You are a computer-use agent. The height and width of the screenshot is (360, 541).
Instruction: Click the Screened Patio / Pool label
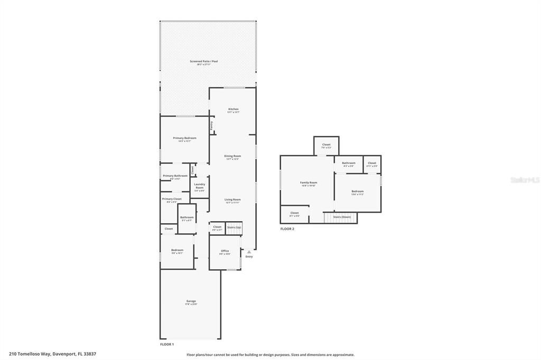click(203, 62)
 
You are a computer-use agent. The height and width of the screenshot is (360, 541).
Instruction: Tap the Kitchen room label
click(233, 109)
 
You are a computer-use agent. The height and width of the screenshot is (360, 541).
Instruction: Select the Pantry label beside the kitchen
click(212, 126)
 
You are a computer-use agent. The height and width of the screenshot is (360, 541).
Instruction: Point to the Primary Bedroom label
click(184, 138)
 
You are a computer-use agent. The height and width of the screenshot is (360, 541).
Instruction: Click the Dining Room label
click(232, 156)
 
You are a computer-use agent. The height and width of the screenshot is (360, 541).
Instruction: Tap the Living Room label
click(232, 200)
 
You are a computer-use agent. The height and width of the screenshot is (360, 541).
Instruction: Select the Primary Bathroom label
click(175, 176)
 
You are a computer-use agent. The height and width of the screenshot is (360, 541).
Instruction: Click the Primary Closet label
click(172, 199)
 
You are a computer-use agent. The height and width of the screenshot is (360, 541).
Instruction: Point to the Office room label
click(225, 251)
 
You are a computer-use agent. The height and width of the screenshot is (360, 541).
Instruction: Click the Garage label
click(191, 301)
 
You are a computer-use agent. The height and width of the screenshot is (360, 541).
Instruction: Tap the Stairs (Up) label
click(234, 227)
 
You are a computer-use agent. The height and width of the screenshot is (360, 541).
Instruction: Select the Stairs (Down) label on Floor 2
click(342, 217)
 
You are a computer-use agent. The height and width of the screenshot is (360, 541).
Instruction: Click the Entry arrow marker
click(249, 252)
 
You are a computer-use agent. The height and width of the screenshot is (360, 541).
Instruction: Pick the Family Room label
click(309, 183)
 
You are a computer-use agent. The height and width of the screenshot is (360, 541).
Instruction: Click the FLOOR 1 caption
click(167, 344)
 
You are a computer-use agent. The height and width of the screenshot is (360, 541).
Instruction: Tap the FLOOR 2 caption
click(287, 229)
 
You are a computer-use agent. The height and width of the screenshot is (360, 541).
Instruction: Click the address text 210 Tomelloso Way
click(52, 354)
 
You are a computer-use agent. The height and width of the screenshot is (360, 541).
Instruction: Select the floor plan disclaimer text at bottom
click(270, 355)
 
